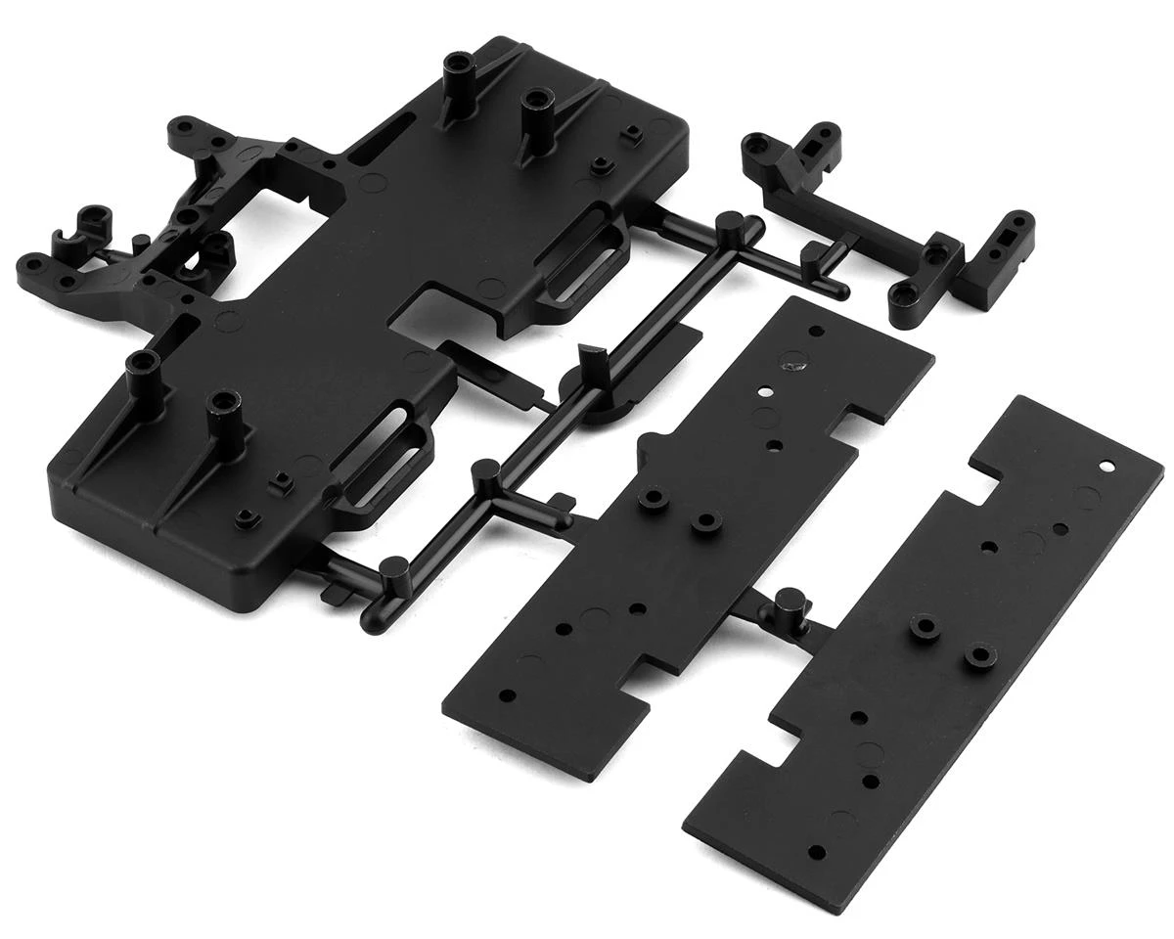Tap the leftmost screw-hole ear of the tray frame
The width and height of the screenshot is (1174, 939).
[x=31, y=263]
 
